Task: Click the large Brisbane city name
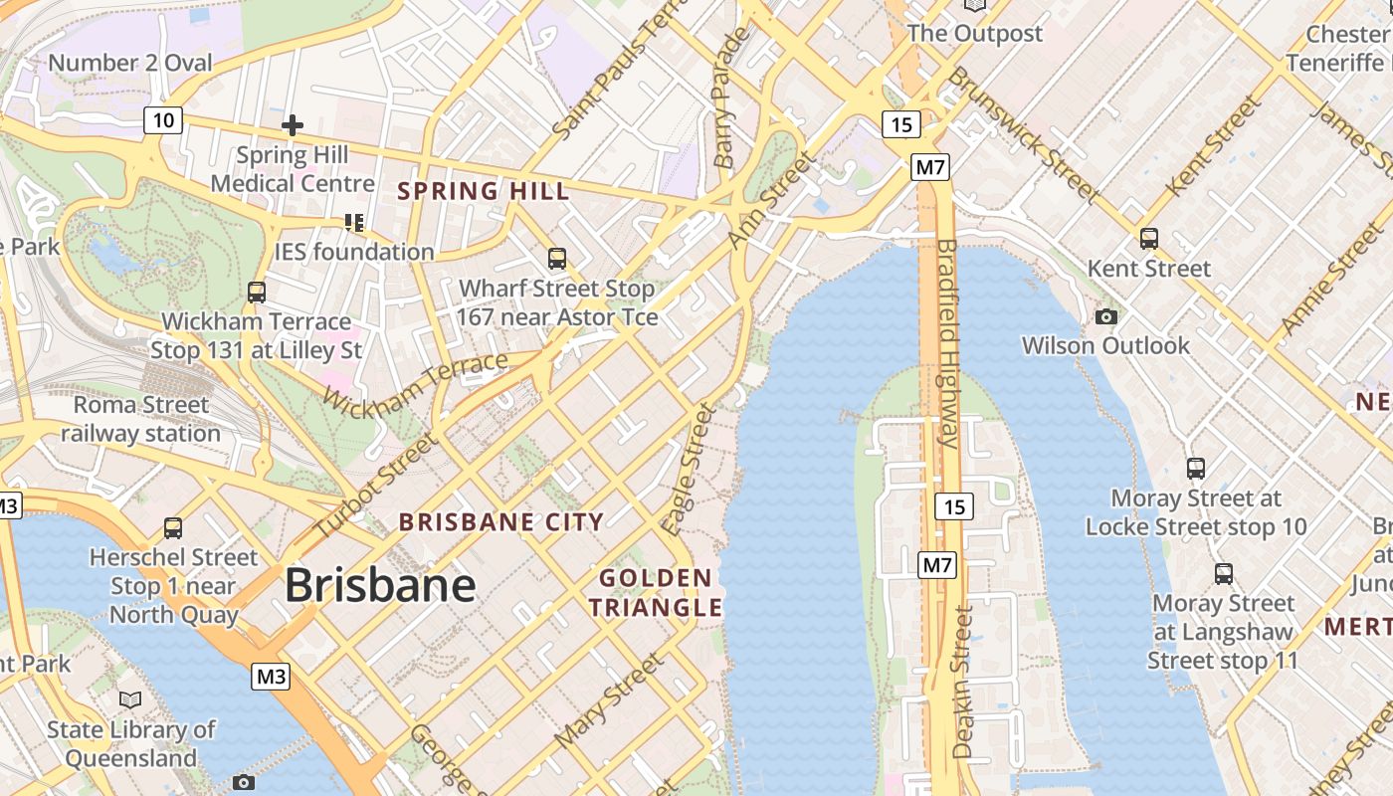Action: coord(380,585)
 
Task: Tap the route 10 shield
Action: coord(163,121)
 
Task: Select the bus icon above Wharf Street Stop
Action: coord(557,259)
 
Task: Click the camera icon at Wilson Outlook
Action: coord(1105,316)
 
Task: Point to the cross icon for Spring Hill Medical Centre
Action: coord(293,125)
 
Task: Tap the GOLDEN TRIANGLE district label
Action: coord(656,593)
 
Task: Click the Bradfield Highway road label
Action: coord(948,343)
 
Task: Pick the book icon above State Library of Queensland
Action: coord(130,699)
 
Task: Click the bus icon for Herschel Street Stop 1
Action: coord(173,527)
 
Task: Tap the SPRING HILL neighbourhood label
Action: coord(484,191)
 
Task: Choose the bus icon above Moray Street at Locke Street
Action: coord(1196,468)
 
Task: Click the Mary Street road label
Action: coord(609,701)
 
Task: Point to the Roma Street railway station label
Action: coord(141,419)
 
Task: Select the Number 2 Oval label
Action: coord(130,63)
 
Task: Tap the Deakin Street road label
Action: coord(962,685)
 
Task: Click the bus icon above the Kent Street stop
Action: coord(1149,239)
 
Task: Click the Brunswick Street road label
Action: coord(1022,133)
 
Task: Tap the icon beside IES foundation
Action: coord(354,222)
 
